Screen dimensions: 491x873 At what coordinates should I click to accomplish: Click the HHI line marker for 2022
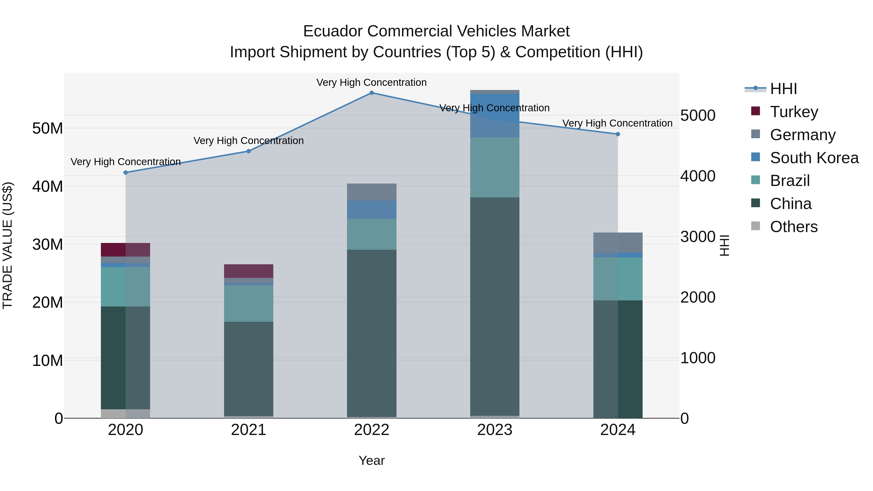click(372, 93)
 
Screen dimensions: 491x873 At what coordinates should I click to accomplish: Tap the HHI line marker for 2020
click(125, 172)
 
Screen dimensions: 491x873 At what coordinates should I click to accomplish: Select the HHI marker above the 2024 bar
click(617, 134)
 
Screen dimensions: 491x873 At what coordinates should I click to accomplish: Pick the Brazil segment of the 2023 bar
click(494, 167)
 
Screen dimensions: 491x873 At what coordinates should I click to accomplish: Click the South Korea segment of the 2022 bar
click(372, 209)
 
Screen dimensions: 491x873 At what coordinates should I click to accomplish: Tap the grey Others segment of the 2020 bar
click(125, 413)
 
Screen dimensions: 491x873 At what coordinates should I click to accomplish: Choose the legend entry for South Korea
click(814, 158)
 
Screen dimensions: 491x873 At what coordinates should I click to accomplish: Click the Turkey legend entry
click(794, 112)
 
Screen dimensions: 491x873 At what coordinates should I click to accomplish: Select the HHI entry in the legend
click(783, 89)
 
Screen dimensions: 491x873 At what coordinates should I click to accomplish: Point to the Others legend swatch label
click(793, 227)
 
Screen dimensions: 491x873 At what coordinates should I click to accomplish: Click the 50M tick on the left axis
click(48, 129)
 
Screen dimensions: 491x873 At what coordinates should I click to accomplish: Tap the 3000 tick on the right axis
click(697, 237)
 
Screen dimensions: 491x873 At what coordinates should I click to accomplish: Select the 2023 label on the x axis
click(494, 430)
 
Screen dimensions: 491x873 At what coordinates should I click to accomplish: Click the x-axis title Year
click(372, 460)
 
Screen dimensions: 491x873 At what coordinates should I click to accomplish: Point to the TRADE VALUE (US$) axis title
click(8, 245)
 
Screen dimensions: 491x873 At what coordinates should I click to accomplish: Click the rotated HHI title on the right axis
click(724, 245)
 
